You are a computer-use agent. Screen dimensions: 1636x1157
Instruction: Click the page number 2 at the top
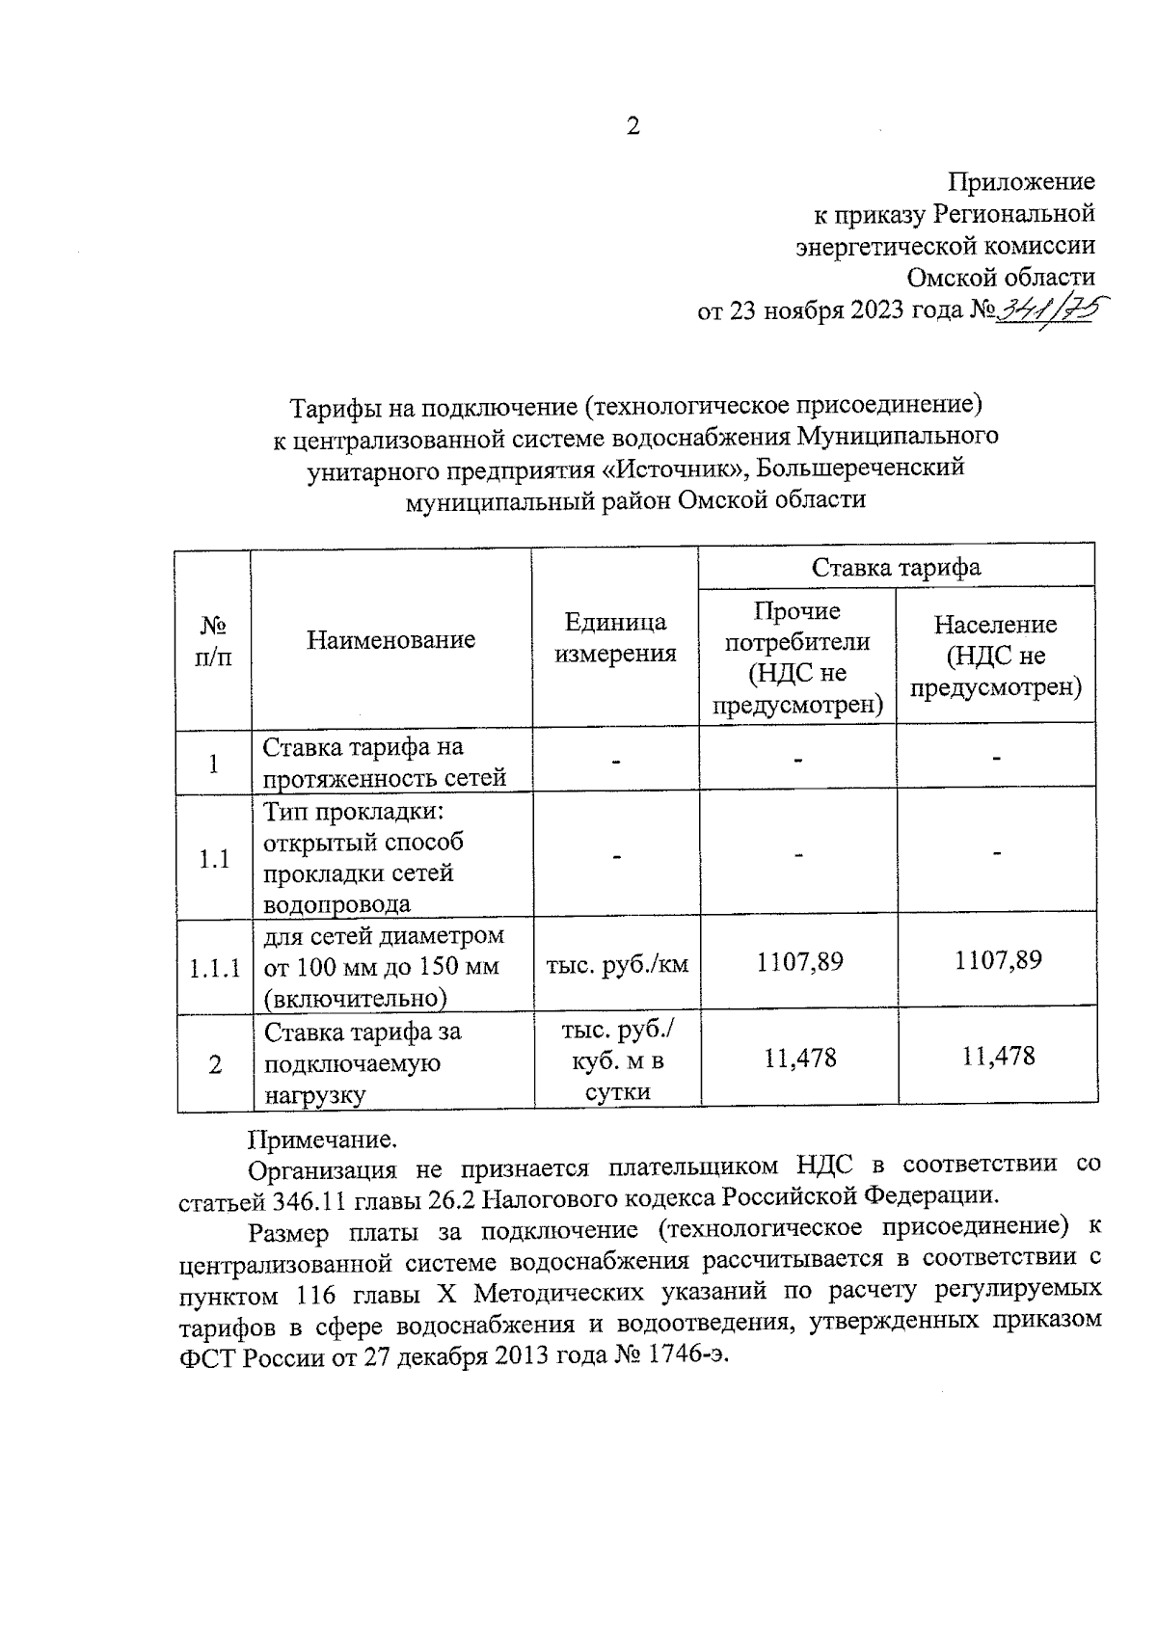tap(632, 126)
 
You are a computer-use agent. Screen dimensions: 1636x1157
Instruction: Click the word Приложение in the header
tap(1022, 181)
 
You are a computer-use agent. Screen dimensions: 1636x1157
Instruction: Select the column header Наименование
tap(390, 639)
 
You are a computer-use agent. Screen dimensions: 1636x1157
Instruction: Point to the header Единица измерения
tap(615, 638)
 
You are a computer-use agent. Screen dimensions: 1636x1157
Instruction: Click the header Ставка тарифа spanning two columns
tap(896, 567)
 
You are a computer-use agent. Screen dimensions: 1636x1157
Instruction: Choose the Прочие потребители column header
tap(797, 657)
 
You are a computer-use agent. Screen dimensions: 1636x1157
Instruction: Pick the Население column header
tap(995, 657)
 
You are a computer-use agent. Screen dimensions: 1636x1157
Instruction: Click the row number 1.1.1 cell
tap(214, 967)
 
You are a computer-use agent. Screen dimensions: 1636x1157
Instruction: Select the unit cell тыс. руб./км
tap(617, 963)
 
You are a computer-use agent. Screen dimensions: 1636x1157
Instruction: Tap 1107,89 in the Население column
tap(998, 960)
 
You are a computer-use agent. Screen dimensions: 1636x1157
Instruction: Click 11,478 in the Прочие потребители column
tap(800, 1059)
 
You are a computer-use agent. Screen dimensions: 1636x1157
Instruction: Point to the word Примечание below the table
tap(322, 1140)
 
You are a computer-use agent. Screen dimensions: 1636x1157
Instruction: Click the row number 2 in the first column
tap(214, 1064)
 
